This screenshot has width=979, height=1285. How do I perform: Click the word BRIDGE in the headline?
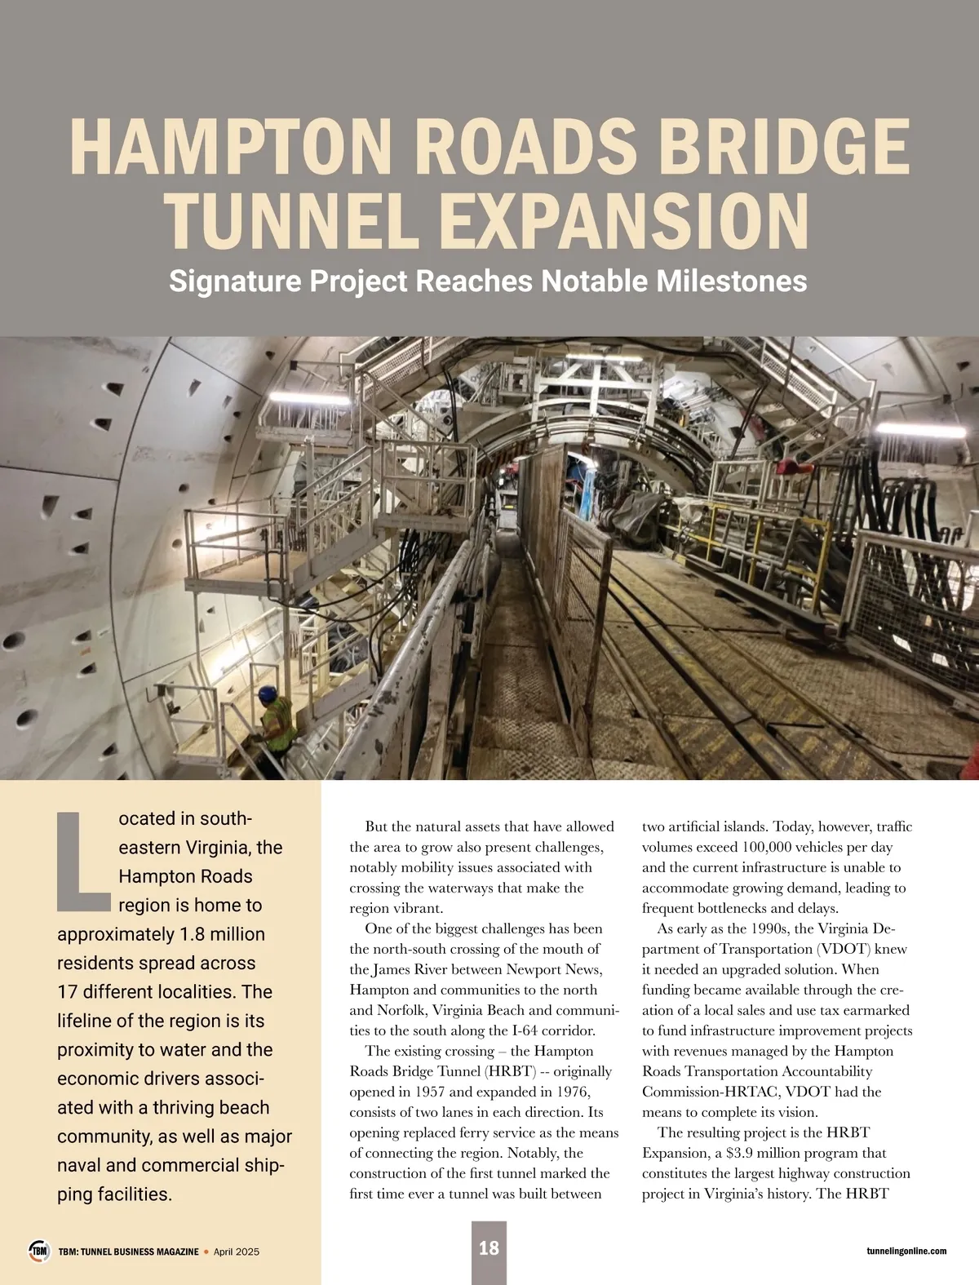click(783, 147)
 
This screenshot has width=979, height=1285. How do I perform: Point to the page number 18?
click(489, 1248)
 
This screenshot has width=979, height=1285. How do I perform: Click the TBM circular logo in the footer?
click(39, 1251)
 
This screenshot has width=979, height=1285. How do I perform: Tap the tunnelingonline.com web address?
click(906, 1251)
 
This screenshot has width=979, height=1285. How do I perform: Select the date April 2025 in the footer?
click(236, 1252)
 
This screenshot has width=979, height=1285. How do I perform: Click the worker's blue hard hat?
click(268, 693)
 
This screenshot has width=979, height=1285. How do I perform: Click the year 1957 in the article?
click(432, 1092)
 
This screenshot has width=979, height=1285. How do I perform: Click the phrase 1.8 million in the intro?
click(221, 934)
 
